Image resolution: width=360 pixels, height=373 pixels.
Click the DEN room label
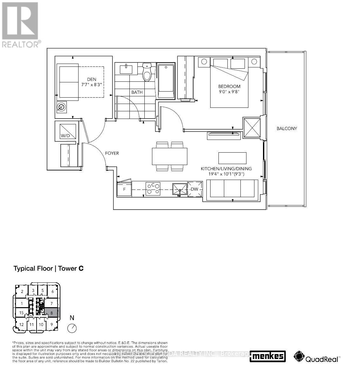click(x=92, y=79)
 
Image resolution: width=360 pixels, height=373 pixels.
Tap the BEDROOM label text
click(x=229, y=86)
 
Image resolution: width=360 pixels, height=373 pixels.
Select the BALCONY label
click(x=287, y=128)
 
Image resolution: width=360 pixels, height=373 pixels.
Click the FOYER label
click(x=112, y=153)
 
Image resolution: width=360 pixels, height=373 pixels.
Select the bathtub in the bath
click(x=166, y=81)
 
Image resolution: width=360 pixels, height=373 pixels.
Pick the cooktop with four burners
click(x=153, y=188)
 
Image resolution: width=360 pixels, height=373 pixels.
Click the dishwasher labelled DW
click(x=195, y=190)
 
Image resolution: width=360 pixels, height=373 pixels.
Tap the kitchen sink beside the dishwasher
click(x=180, y=190)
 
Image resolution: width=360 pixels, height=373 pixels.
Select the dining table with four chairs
click(x=169, y=156)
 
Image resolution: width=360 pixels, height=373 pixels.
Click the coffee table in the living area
click(x=232, y=158)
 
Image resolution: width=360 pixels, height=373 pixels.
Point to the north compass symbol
click(x=72, y=328)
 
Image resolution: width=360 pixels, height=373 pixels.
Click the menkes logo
click(x=268, y=356)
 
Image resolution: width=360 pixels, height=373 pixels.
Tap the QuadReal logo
click(x=317, y=356)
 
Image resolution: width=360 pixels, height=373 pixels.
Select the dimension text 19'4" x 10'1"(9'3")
click(x=226, y=174)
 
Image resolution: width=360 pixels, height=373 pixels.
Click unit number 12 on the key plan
click(x=22, y=325)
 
